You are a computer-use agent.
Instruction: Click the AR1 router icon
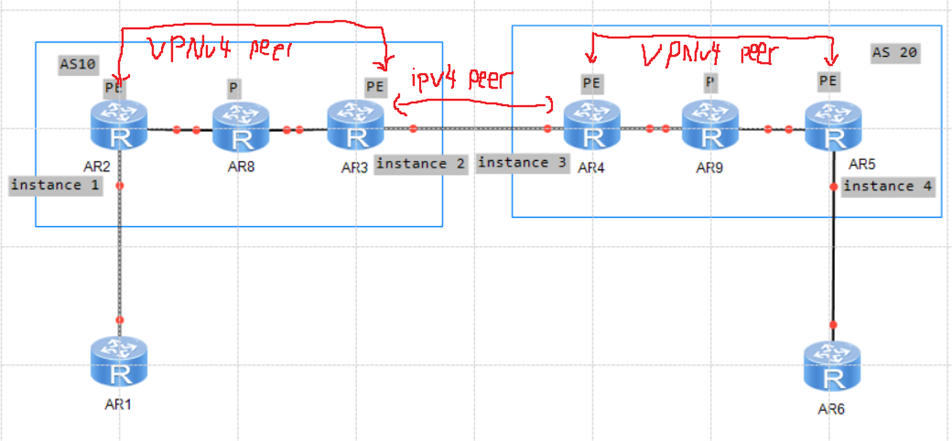119,364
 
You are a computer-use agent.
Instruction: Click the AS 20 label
894,52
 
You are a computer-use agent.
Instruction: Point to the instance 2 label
421,164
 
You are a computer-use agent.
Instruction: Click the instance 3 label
522,164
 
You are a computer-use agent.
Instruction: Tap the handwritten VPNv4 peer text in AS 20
710,54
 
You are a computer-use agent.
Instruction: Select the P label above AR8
233,87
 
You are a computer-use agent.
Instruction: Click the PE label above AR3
375,87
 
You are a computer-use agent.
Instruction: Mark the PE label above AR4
591,82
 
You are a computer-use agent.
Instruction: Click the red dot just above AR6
834,325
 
